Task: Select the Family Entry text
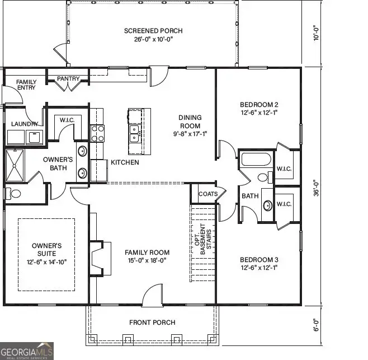click(x=26, y=86)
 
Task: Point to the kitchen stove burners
click(x=98, y=133)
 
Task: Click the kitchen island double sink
click(x=135, y=133)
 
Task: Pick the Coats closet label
click(x=204, y=194)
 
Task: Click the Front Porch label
click(x=152, y=322)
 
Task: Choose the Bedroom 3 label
click(x=259, y=260)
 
